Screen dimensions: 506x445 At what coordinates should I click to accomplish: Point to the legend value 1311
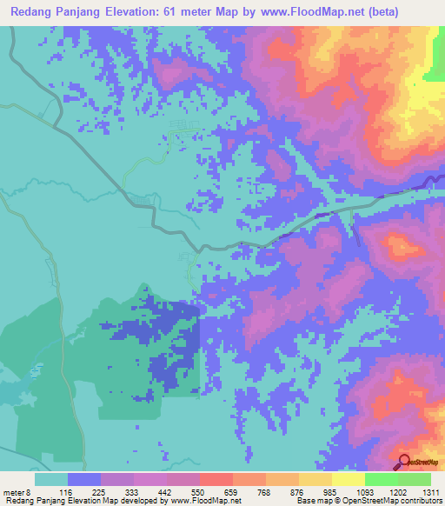pos(430,491)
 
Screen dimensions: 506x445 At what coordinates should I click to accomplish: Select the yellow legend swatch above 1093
pos(348,479)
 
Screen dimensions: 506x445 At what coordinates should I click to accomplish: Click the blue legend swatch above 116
pos(84,479)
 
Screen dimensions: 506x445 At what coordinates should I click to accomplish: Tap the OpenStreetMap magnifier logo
pos(405,463)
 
